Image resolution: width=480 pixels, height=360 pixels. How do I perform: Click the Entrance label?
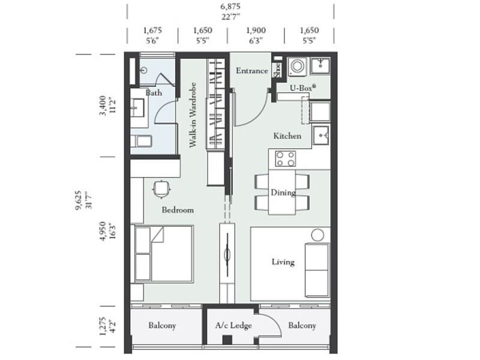point(251,71)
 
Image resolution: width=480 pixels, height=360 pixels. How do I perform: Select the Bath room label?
point(154,93)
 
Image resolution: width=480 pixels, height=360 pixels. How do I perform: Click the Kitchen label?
point(287,136)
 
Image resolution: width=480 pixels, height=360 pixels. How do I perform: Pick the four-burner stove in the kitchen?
point(285,158)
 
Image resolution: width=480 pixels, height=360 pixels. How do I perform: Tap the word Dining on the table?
point(283,193)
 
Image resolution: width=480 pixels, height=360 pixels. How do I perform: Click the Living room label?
point(283,262)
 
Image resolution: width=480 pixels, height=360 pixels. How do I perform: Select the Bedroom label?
point(178,211)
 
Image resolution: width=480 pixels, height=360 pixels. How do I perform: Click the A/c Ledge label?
point(233,326)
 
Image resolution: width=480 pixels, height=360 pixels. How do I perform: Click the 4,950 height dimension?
point(104,229)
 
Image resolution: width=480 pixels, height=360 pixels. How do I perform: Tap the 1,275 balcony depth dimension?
point(104,329)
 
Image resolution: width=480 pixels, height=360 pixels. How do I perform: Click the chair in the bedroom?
point(161,189)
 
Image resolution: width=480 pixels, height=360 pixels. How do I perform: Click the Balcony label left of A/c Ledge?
point(162,326)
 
